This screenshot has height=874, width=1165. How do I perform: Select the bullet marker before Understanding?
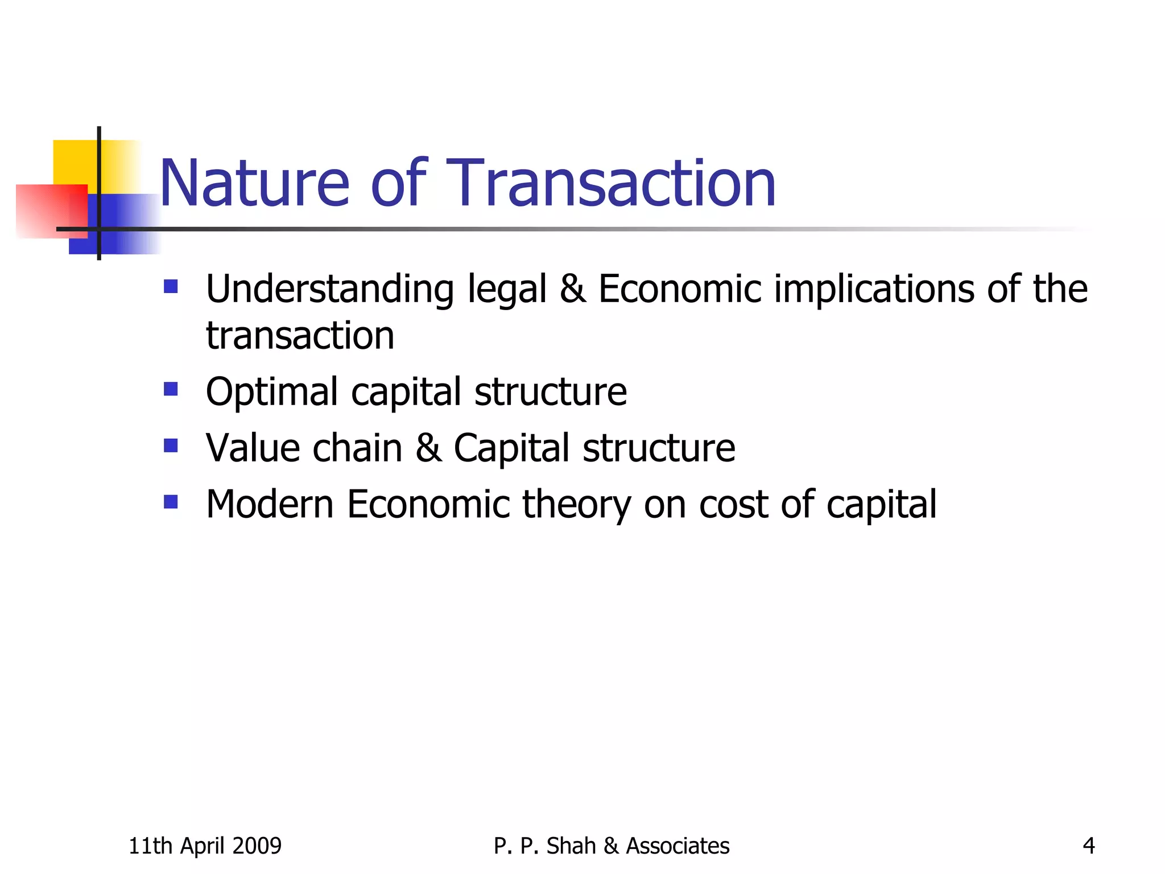pos(171,286)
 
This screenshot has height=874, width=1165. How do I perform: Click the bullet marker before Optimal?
pos(171,389)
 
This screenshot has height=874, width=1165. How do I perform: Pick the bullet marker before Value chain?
pos(171,445)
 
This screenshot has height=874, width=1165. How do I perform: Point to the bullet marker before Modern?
pos(171,501)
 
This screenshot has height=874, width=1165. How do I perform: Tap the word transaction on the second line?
pos(300,336)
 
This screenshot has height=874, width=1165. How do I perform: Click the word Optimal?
pos(272,393)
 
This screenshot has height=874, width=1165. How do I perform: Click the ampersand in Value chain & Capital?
pos(428,448)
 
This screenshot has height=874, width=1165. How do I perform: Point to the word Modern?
pos(270,504)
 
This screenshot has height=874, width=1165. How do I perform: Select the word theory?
pos(576,505)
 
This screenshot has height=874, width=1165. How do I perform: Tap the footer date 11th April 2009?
pos(205,846)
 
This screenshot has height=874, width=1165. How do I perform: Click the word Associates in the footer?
pos(677,846)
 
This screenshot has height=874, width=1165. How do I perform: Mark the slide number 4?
pos(1088,846)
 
